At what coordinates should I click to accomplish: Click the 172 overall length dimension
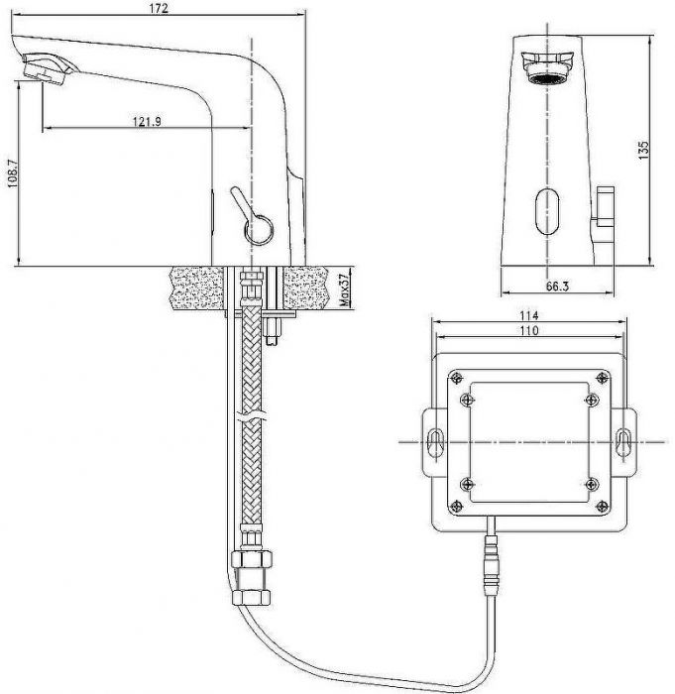(x=159, y=8)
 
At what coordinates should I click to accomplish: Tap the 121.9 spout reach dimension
(x=147, y=121)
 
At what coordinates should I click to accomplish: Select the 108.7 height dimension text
(x=13, y=173)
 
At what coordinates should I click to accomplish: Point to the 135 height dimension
(x=643, y=150)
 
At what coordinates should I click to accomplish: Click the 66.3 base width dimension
(x=557, y=287)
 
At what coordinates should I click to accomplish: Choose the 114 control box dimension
(x=529, y=315)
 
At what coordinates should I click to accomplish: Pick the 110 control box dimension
(x=529, y=330)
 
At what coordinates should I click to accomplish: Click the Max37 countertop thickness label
(x=344, y=289)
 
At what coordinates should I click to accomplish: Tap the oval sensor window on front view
(x=547, y=211)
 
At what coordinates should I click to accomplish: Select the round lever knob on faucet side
(x=259, y=230)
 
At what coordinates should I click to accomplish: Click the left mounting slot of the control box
(x=435, y=442)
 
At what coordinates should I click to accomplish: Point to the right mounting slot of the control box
(x=623, y=442)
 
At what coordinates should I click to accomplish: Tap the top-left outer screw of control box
(x=456, y=378)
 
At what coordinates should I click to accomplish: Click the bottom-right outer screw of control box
(x=602, y=507)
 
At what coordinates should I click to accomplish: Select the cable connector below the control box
(x=492, y=566)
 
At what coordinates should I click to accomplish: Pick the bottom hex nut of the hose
(x=251, y=598)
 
